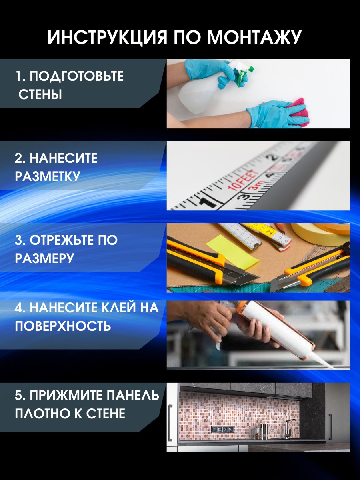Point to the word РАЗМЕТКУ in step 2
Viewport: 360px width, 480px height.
(48, 176)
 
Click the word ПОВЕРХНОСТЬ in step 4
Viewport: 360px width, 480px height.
(63, 326)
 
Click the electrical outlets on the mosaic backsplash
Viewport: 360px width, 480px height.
(222, 429)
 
